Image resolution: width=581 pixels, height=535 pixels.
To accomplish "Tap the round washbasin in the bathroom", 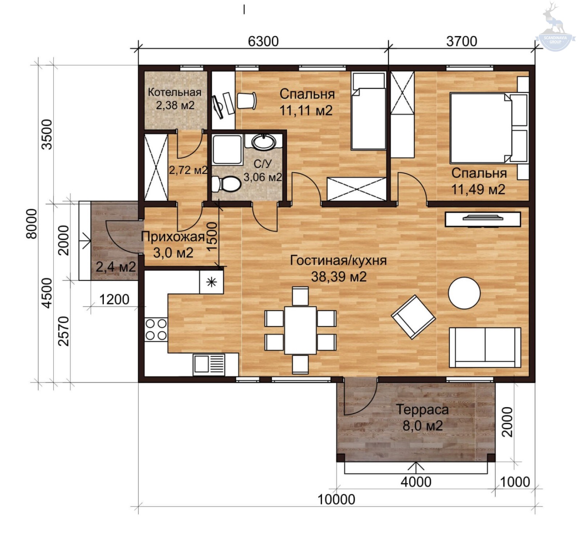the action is pos(264,142).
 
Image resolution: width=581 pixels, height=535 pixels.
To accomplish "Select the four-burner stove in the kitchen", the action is pos(156,329).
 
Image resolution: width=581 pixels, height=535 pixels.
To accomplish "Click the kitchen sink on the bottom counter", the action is pos(209,364).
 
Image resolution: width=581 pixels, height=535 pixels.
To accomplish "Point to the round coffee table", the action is pos(464,293).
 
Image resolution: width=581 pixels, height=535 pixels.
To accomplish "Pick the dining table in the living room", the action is pos(300,330).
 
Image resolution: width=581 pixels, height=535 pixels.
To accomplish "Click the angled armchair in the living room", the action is pos(413,317).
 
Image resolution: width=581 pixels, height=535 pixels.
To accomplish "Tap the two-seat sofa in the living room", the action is pos(485,347).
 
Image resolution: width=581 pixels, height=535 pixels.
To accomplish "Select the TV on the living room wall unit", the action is pos(483,218).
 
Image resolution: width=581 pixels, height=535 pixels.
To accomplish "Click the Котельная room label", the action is pos(175,92).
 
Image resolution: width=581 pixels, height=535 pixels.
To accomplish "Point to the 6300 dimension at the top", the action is pos(263,41).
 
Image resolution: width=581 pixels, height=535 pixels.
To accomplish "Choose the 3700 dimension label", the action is pos(462,41).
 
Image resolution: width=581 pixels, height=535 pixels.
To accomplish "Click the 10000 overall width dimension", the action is pos(336,499).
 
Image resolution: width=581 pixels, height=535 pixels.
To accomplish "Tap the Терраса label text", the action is pos(422,410).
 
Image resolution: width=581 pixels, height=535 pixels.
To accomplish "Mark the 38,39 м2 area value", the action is pos(339,277).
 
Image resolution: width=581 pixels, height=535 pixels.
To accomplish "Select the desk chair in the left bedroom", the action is pos(247,100).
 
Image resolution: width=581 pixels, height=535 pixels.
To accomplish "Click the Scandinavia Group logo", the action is pos(555,27).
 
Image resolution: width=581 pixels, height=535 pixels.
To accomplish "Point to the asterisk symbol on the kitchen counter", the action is pos(211,282).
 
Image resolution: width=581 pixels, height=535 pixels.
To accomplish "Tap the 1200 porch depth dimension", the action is pos(114,300).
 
